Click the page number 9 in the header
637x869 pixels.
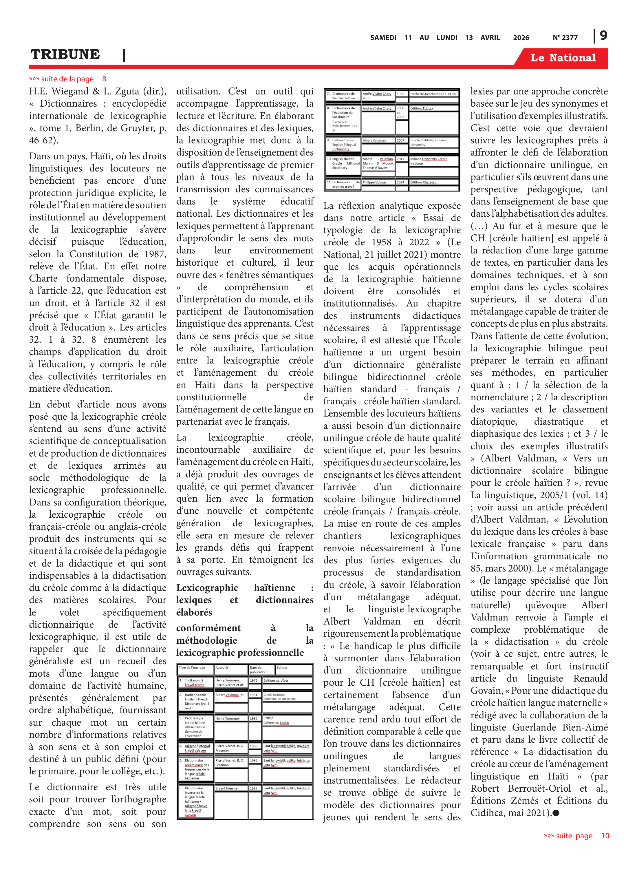click(x=603, y=36)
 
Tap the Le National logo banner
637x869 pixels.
click(x=563, y=58)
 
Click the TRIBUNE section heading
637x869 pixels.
click(x=65, y=54)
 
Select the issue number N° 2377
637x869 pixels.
click(x=565, y=38)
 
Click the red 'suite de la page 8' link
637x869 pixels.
click(x=67, y=79)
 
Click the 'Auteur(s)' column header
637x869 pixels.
click(x=222, y=667)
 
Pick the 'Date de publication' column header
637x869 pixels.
click(x=258, y=670)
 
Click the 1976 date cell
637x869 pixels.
click(x=253, y=680)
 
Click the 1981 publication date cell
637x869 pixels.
click(x=253, y=695)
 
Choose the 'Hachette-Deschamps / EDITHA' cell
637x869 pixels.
click(x=433, y=94)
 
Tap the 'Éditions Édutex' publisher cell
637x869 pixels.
click(x=422, y=108)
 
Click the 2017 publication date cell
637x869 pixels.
click(x=401, y=159)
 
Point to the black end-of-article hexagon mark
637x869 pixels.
click(x=556, y=813)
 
